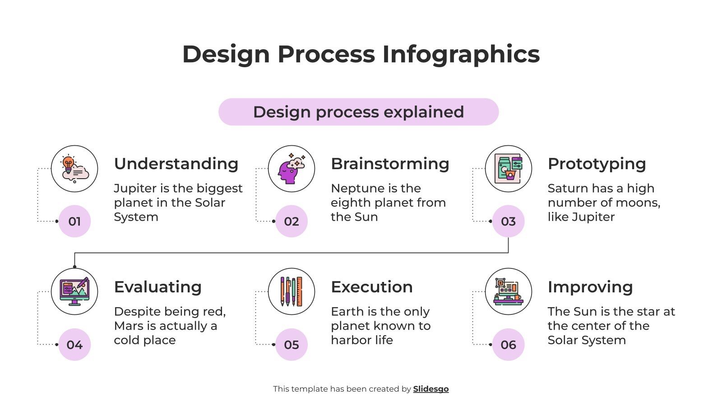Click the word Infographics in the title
pos(461,54)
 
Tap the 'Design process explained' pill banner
pos(358,112)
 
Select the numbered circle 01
pos(74,221)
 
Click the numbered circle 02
pos(292,221)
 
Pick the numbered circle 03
pos(508,221)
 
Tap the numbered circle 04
pos(74,345)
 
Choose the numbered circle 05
pos(292,345)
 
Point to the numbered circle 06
pos(508,345)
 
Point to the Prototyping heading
pos(597,164)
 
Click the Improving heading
pos(590,287)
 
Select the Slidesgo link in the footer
pos(430,389)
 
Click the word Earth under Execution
pos(347,311)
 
